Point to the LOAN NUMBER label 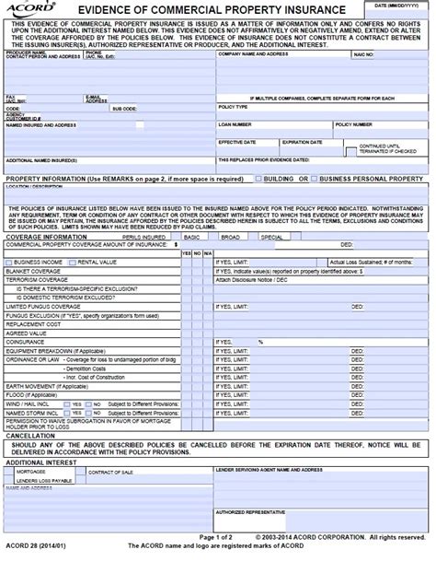click(235, 123)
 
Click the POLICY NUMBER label click(353, 123)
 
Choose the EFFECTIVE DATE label click(235, 142)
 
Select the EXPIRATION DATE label click(300, 142)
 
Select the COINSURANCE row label click(26, 341)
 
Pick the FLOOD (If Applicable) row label click(37, 393)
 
